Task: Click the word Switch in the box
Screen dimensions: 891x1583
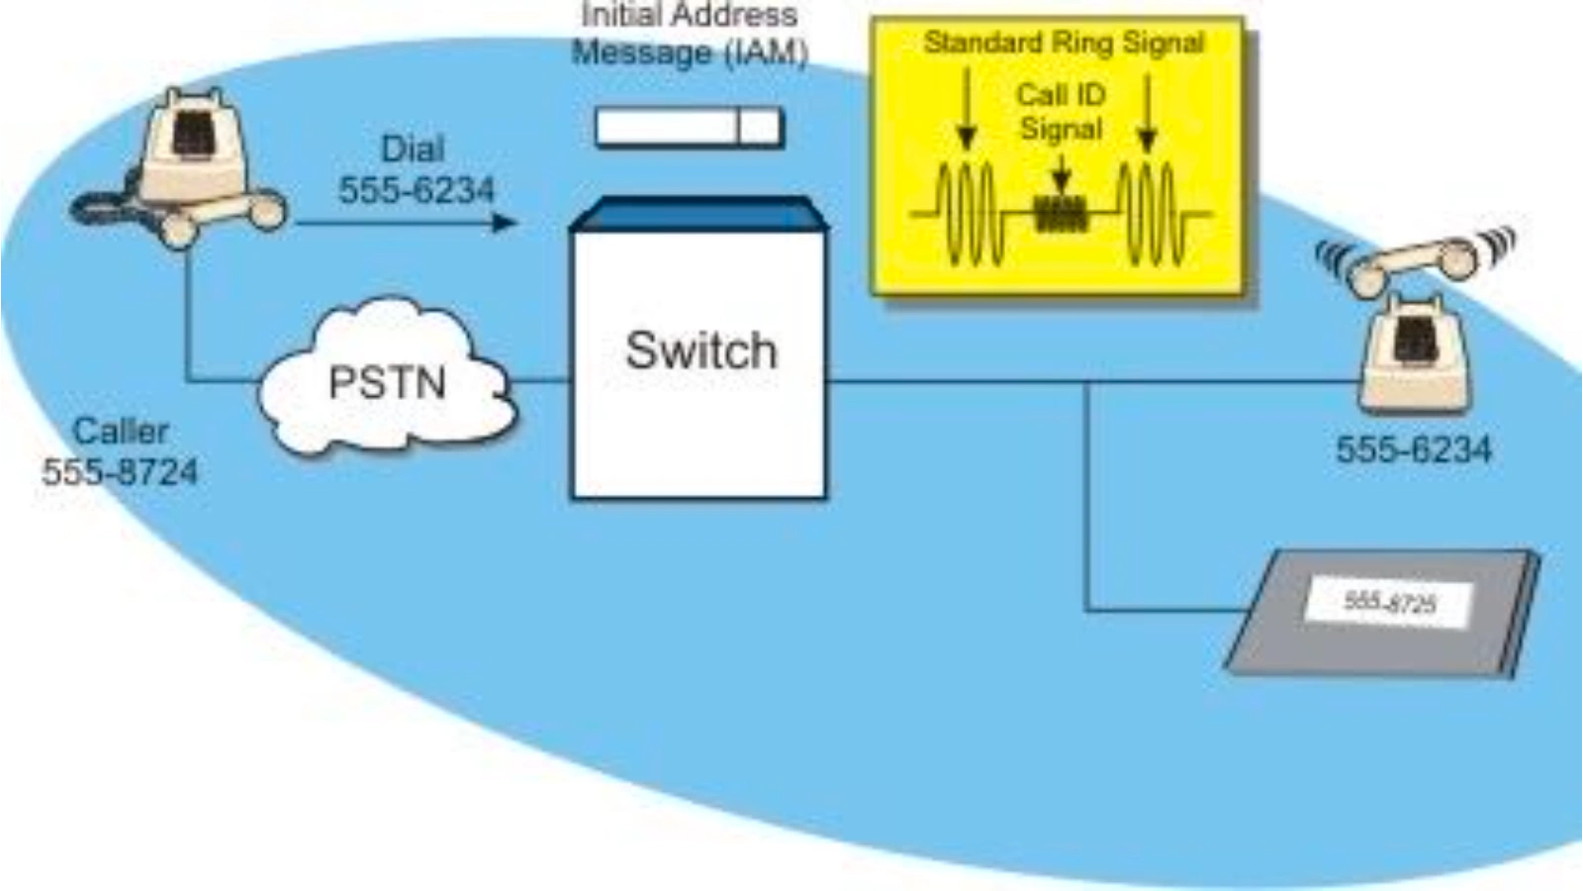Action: point(700,351)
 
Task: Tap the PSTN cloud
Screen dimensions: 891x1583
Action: point(387,382)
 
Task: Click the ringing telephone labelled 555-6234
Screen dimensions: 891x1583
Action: point(1416,351)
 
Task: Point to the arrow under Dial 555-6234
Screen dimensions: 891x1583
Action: point(406,223)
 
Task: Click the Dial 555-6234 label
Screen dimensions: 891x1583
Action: point(416,169)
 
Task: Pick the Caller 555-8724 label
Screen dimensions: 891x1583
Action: point(120,451)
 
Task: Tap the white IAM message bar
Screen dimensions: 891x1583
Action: point(689,128)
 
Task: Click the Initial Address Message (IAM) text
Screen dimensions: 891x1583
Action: point(690,34)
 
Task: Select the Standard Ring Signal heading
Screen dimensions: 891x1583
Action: point(1064,44)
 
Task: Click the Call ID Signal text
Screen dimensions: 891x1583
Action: point(1061,111)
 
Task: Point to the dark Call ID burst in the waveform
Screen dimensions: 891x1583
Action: point(1061,213)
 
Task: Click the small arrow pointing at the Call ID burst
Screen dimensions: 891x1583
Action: point(1061,178)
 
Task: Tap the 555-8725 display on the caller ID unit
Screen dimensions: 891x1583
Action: point(1389,602)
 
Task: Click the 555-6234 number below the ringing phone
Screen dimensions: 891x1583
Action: point(1413,450)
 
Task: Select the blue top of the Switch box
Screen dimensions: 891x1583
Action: point(698,214)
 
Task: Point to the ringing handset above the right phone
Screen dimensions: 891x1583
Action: point(1415,260)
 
